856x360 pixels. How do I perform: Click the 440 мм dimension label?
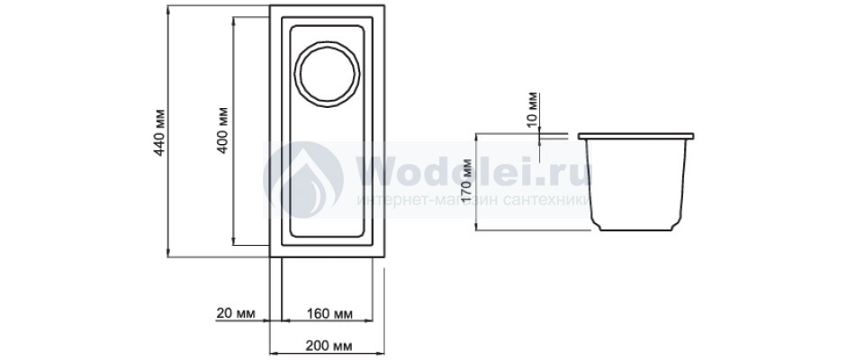tap(159, 132)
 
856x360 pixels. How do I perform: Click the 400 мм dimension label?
tap(222, 130)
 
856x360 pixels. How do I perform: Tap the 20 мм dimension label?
tap(236, 313)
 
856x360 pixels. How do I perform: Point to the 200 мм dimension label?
tap(328, 346)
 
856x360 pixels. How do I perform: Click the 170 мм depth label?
tap(467, 181)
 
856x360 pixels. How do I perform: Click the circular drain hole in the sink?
tap(327, 74)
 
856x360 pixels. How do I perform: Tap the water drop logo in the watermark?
tap(303, 180)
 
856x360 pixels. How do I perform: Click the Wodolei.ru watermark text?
tap(473, 171)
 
